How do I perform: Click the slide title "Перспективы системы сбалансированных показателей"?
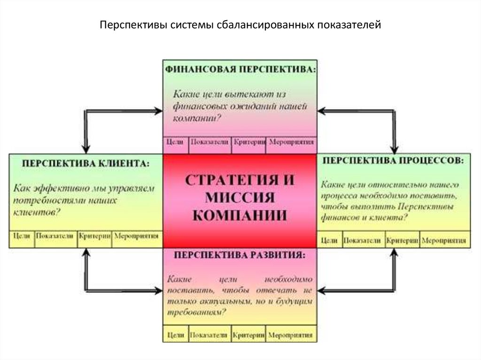[240, 24]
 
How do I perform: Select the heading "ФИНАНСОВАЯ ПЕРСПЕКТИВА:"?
[240, 69]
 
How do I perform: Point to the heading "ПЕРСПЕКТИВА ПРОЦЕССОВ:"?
[394, 161]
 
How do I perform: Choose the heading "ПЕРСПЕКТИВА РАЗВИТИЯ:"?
[240, 256]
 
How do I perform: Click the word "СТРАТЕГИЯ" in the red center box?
[240, 180]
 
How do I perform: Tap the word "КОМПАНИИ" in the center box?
[240, 215]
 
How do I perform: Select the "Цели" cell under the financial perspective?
[175, 142]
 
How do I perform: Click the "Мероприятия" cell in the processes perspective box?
[444, 240]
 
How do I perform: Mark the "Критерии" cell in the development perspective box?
[249, 336]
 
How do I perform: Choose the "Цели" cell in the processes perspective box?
[329, 240]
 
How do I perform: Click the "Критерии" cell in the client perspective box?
[94, 236]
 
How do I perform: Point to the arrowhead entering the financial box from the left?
[158, 111]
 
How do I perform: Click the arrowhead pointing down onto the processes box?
[395, 147]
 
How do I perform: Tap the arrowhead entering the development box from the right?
[322, 290]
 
